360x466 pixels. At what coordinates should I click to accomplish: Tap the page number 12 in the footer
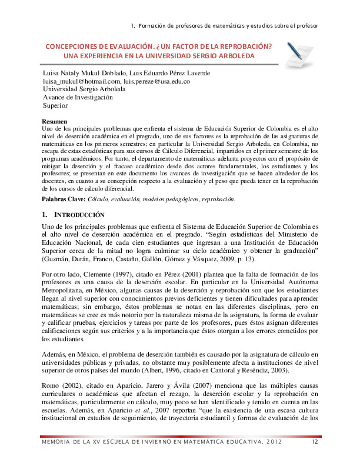pyautogui.click(x=315, y=457)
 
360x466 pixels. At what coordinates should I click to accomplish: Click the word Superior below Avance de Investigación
pyautogui.click(x=56, y=106)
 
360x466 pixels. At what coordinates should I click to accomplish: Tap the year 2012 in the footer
pyautogui.click(x=272, y=457)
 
